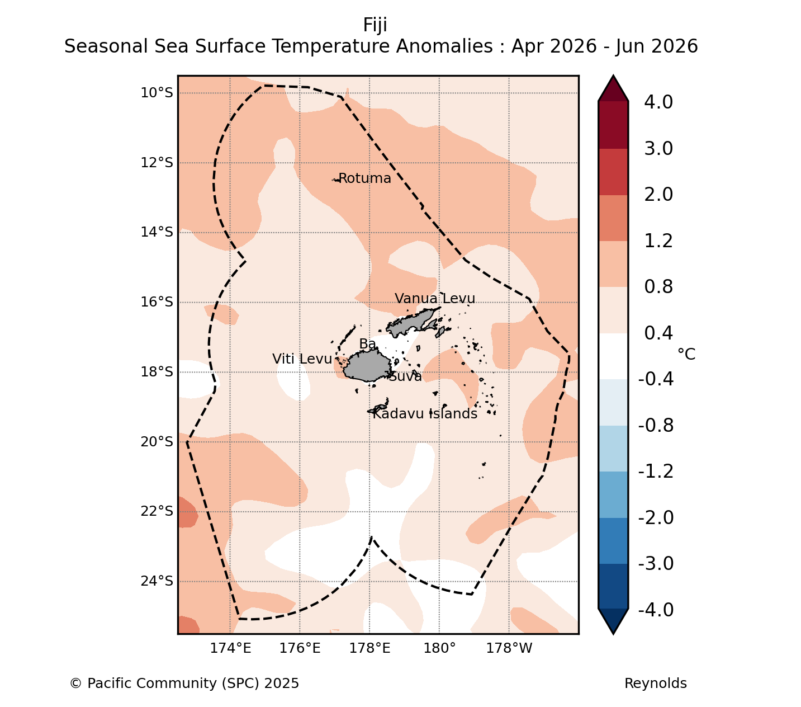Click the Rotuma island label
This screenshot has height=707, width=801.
coord(364,178)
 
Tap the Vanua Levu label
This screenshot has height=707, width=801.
coord(434,298)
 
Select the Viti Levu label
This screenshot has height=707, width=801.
coord(302,359)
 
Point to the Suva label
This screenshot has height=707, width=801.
coord(406,376)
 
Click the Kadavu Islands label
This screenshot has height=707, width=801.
coord(425,413)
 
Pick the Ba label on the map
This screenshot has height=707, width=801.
coord(367,344)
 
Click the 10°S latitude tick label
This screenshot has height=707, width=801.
coord(157,93)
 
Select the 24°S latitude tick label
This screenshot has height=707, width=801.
coord(157,581)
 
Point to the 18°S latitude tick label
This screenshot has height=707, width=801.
coord(157,372)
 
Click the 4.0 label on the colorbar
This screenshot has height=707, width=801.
coord(658,102)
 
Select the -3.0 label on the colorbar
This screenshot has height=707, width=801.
coord(656,563)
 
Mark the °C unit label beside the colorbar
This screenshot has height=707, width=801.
coord(686,354)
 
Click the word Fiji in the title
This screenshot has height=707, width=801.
coord(375,25)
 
